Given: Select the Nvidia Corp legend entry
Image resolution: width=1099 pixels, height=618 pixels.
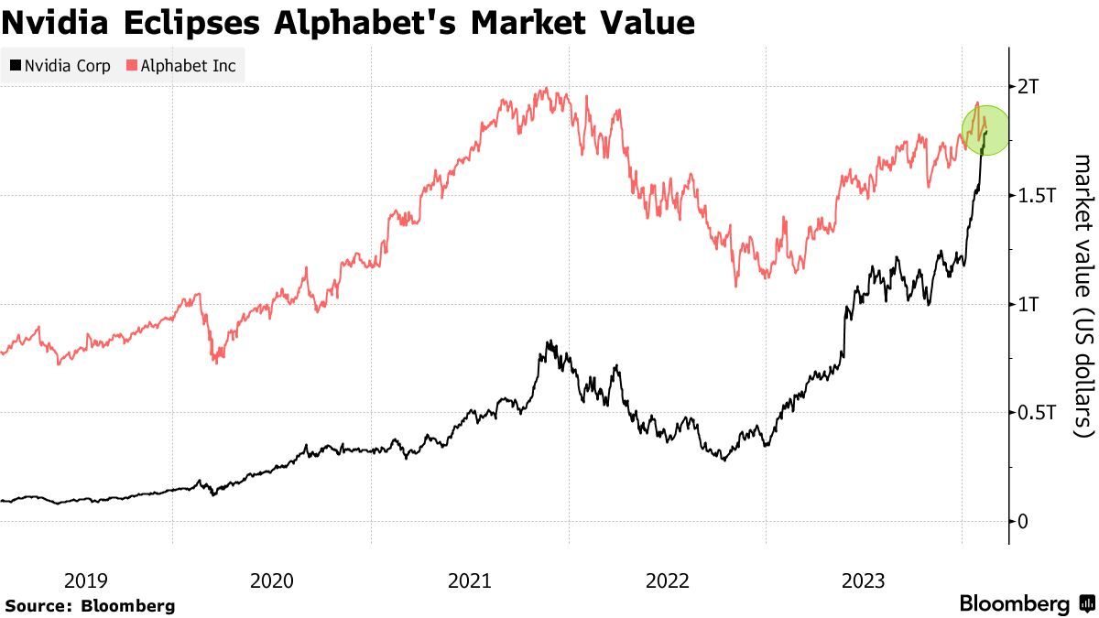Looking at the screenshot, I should [60, 66].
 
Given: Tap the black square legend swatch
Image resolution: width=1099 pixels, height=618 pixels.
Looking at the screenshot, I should [16, 66].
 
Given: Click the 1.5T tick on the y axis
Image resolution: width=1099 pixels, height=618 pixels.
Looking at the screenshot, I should [1037, 196].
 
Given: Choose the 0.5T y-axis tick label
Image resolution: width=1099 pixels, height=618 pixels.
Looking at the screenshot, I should [1037, 414].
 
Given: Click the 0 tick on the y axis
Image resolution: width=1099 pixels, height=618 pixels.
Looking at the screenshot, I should [1024, 522].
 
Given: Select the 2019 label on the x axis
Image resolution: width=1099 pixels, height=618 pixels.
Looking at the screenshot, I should [86, 580].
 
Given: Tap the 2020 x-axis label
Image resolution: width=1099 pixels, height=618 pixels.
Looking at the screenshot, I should [272, 580].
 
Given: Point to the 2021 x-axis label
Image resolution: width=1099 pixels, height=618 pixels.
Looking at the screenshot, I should [470, 580].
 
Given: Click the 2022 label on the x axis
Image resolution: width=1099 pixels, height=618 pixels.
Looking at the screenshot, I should [668, 580].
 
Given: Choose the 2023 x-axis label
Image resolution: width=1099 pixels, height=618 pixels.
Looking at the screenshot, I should [865, 580].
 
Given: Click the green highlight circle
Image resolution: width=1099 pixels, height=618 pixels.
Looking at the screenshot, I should [985, 129].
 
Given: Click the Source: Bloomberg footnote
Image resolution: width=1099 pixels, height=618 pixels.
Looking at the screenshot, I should [90, 605].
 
